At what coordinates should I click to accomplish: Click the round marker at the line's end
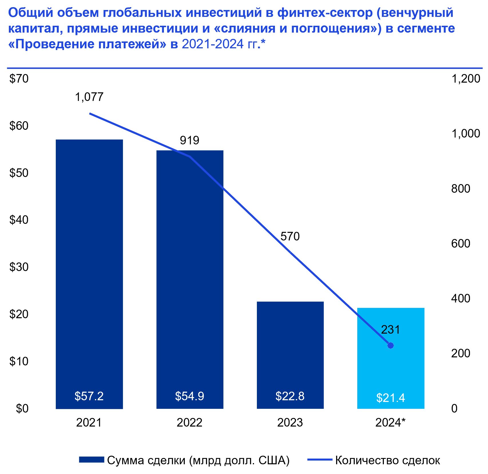[390, 345]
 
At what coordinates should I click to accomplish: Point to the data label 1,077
[89, 97]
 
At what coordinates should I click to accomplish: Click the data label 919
[189, 140]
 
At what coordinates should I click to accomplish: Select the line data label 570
[290, 236]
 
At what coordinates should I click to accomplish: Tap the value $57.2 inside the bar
[89, 396]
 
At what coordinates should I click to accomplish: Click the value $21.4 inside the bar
[391, 398]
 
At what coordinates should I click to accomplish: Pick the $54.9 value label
[189, 396]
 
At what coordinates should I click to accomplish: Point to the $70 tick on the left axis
[19, 79]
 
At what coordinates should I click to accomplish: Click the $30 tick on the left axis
[19, 267]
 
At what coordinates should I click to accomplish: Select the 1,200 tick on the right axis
[465, 79]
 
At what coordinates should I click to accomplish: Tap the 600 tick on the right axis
[461, 243]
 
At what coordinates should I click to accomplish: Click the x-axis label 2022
[189, 423]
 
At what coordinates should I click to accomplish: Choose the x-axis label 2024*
[390, 423]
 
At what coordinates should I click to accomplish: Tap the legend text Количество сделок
[388, 460]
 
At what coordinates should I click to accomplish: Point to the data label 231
[390, 330]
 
